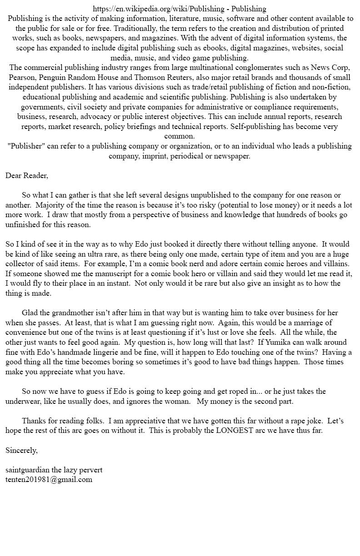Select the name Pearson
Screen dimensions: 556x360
(22, 77)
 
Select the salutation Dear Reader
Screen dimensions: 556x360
(26, 175)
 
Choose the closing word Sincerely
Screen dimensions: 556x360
(21, 450)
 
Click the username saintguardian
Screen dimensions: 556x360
(29, 470)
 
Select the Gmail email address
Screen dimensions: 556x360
(49, 479)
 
